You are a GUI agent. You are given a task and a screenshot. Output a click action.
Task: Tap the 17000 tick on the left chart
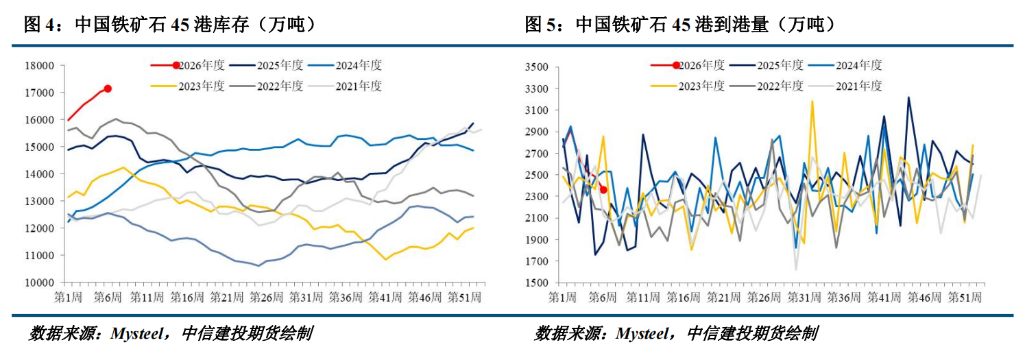coord(39,93)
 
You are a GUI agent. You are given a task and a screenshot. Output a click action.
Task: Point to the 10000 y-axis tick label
coord(39,283)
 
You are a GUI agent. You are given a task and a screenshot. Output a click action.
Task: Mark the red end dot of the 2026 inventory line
coord(108,88)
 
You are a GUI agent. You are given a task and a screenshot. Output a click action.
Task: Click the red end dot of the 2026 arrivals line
coord(603,190)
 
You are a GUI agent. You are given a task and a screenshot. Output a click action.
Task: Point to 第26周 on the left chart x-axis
coord(265,297)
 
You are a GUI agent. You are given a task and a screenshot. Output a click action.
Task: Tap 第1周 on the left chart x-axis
coord(68,297)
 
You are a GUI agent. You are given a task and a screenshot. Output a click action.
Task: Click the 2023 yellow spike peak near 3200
coord(812,101)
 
